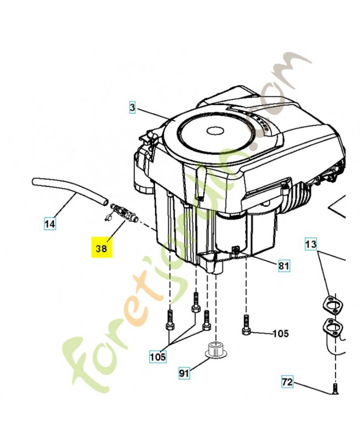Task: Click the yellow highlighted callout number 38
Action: coord(102,248)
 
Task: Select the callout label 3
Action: coord(133,107)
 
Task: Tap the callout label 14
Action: coord(50,224)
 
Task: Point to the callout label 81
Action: coord(283,266)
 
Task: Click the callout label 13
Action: coord(311,244)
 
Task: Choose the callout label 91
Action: coord(184,374)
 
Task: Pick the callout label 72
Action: coord(287,382)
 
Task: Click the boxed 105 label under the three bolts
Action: coord(157,357)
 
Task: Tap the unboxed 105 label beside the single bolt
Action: coord(280,333)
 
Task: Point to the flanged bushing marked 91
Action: coord(214,350)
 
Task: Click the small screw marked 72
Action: coord(335,390)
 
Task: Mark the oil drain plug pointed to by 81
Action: coord(236,252)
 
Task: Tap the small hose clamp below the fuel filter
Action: coord(107,218)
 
